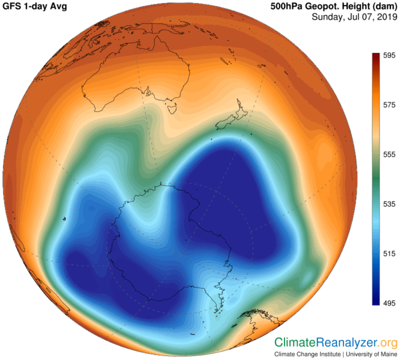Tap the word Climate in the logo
(295, 343)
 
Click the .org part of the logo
(389, 343)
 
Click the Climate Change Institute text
(306, 354)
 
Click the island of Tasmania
(171, 109)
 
